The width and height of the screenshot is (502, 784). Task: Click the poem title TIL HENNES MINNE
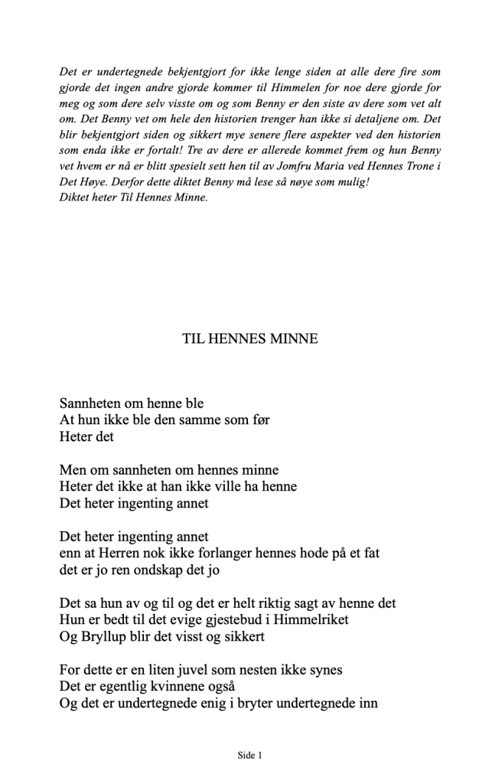click(x=250, y=338)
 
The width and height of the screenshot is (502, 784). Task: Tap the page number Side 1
click(x=250, y=756)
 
